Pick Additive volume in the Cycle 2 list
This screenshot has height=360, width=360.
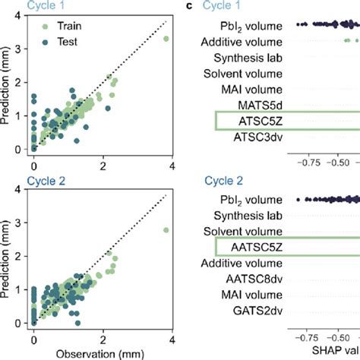coord(241,263)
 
